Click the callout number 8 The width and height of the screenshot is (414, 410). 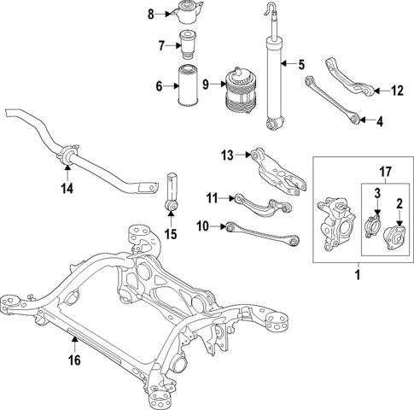[x=150, y=14]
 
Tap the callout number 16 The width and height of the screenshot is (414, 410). [x=74, y=360]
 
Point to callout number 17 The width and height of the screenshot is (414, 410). [x=385, y=171]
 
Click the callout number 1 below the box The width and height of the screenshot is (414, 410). [x=358, y=275]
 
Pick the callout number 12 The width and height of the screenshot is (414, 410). [x=396, y=90]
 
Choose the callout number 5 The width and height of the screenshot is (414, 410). [x=300, y=64]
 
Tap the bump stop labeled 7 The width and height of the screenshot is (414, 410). [x=189, y=43]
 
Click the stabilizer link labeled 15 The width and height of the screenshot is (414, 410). [x=172, y=195]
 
